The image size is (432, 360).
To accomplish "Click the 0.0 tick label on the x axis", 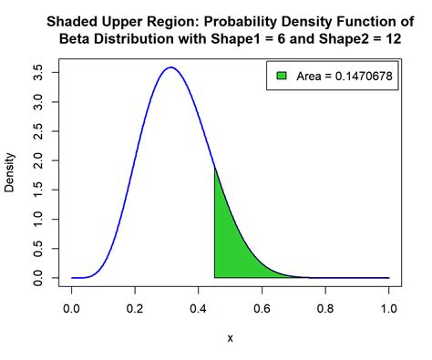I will [72, 310].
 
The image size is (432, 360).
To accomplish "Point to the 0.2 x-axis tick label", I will [136, 310].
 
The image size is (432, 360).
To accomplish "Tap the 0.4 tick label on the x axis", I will [199, 310].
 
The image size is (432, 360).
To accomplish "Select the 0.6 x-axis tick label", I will [262, 310].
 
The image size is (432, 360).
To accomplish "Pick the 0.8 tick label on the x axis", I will [325, 310].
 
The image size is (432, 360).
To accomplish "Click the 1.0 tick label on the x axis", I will [389, 310].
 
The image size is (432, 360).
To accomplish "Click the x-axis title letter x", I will [231, 338].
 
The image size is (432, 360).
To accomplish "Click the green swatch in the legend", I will [282, 77].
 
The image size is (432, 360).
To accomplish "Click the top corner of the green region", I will [215, 170].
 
